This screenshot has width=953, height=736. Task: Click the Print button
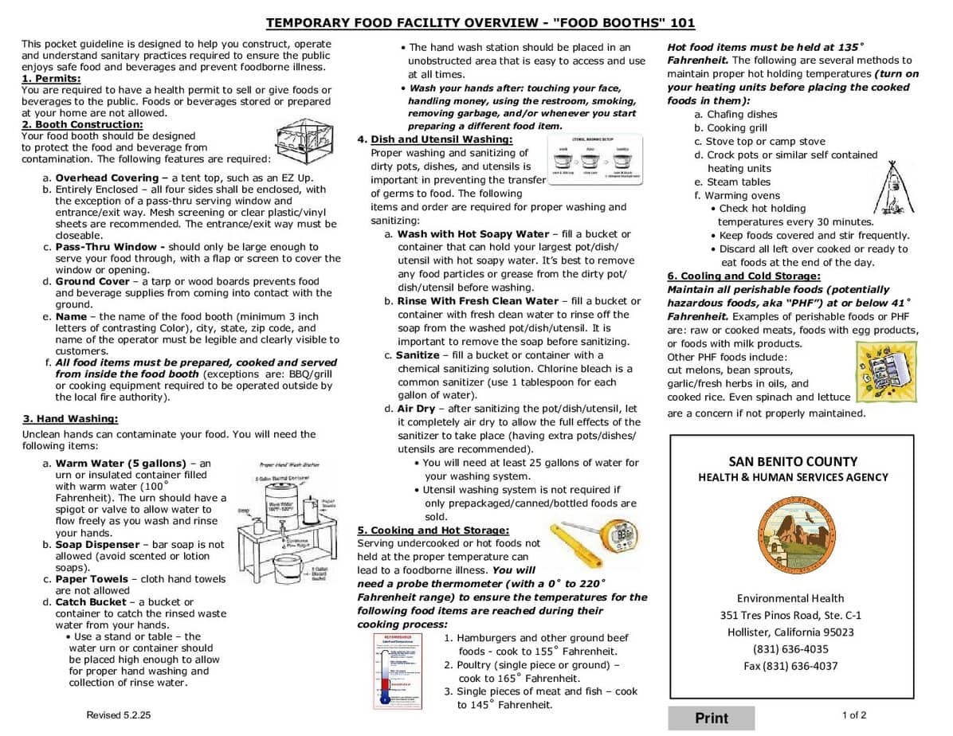coord(711,718)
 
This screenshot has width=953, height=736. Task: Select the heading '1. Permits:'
coord(51,79)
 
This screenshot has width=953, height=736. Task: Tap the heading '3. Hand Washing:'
coord(70,419)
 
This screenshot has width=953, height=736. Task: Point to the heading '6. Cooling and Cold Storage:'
coord(743,276)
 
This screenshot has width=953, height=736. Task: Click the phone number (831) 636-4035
coord(791,649)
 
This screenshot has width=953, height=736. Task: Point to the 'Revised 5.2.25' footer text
coord(118,715)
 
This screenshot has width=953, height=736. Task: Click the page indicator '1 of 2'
coord(854,715)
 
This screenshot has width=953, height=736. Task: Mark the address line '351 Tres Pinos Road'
coord(790,615)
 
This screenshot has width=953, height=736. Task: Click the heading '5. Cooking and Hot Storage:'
coord(433,530)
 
